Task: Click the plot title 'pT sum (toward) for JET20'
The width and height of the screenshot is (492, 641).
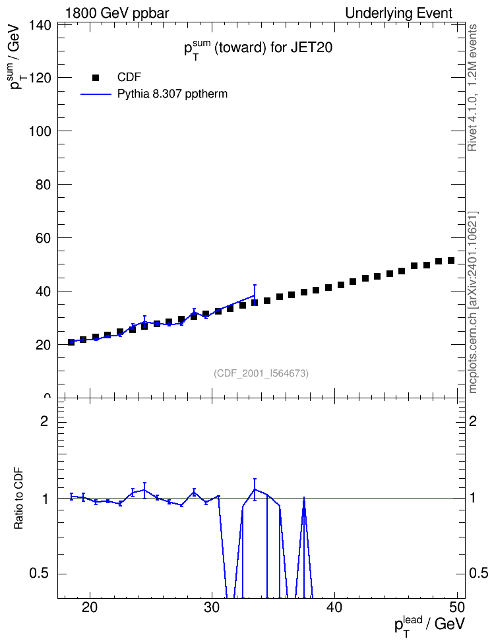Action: point(258,49)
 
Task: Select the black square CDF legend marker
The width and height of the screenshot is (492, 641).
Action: point(96,78)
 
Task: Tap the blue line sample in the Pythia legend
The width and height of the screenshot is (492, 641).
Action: point(96,94)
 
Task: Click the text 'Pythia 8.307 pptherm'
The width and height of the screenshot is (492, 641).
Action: point(172,94)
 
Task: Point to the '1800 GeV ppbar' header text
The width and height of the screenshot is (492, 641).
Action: point(117,13)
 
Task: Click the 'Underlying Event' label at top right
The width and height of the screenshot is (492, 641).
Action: point(399,13)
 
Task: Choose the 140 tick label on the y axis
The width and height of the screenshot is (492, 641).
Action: point(40,25)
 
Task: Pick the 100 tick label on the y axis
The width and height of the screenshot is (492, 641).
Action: point(40,131)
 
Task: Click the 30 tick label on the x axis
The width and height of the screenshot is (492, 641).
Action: point(212,607)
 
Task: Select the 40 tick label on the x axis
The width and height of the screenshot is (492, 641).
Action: point(334,607)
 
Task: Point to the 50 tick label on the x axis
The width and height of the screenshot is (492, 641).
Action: point(457,607)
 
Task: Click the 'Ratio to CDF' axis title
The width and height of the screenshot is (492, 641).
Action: point(18,498)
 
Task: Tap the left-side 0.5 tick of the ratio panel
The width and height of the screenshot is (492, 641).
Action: point(39,574)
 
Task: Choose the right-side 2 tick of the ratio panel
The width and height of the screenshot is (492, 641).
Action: point(473,421)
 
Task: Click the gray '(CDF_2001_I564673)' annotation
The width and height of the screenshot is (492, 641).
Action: point(261,373)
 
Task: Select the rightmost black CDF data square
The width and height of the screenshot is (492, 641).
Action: point(451,260)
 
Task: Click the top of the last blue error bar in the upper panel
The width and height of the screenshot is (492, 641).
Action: point(255,285)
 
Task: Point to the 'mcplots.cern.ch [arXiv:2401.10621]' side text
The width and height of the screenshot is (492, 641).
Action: point(473,302)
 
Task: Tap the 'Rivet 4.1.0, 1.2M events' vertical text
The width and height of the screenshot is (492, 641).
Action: point(473,88)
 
